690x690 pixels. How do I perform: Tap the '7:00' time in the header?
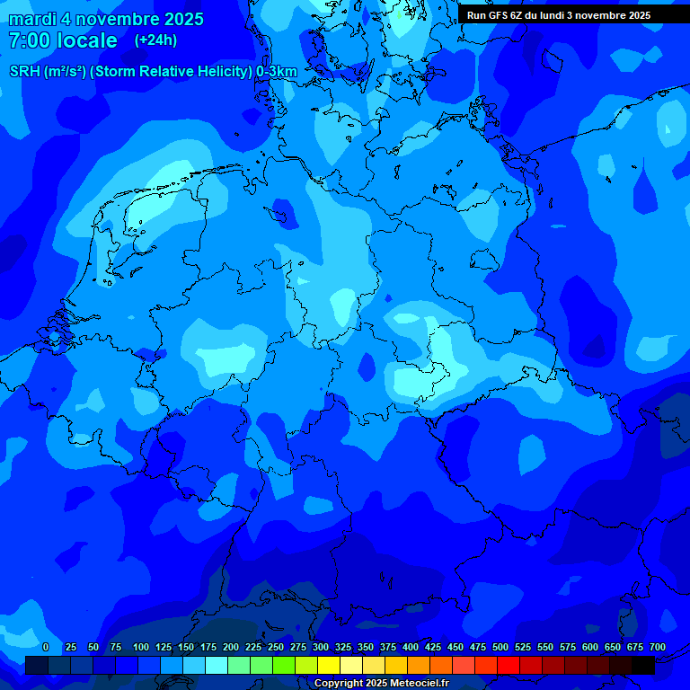point(29,40)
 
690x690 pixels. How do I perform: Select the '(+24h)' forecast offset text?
point(155,40)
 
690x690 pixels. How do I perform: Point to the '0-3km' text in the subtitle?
point(276,72)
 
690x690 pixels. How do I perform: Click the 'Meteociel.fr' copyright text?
point(397,684)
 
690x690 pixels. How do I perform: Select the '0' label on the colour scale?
point(46,648)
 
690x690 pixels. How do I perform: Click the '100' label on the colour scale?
point(141,648)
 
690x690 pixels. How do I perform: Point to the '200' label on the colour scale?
point(231,648)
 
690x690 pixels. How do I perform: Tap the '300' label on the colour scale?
point(321,648)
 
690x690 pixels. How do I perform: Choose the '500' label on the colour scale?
point(500,648)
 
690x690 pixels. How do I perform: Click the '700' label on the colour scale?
point(658,648)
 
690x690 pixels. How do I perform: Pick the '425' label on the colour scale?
point(433,648)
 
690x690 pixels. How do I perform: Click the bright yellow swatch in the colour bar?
point(329,666)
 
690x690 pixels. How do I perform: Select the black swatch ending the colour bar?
point(643,666)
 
